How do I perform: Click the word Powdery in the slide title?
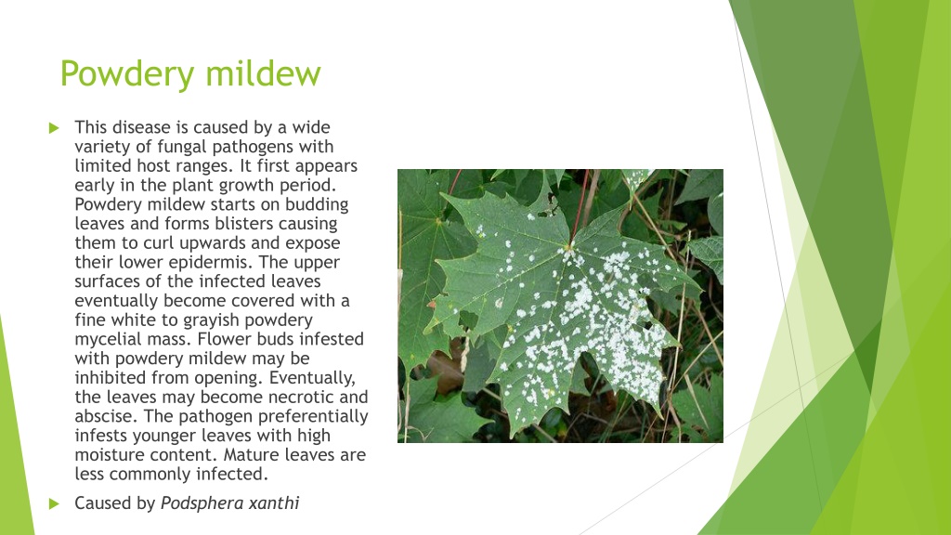coord(127,75)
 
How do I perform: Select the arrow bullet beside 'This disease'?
coord(54,127)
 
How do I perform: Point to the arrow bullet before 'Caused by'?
coord(54,503)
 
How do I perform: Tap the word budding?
coord(317,205)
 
